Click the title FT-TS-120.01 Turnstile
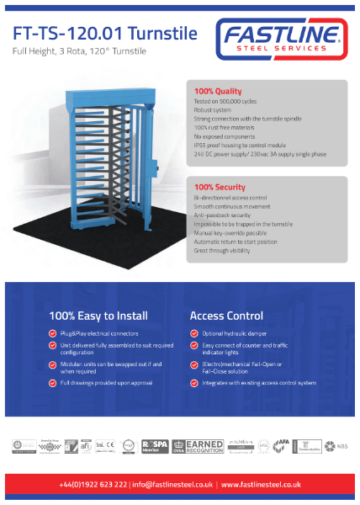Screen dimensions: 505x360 [x=105, y=34]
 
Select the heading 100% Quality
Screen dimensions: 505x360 [x=218, y=91]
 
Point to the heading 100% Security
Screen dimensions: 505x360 [x=220, y=186]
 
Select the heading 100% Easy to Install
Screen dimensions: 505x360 [x=98, y=316]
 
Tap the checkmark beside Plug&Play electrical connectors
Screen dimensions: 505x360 [x=53, y=333]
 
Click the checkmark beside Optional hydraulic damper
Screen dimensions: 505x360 [x=194, y=333]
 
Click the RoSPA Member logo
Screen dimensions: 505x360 [x=156, y=445]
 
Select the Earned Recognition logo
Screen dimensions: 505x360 [x=196, y=445]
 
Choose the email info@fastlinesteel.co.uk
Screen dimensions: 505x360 [x=176, y=485]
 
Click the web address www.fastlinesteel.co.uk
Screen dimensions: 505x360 [x=263, y=485]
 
